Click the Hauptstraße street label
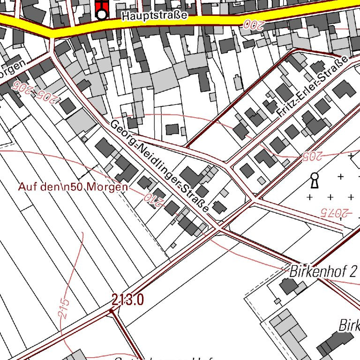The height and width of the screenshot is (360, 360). pyautogui.click(x=154, y=15)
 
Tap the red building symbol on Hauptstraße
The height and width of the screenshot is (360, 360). pyautogui.click(x=102, y=8)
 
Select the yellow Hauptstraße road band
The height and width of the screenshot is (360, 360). pyautogui.click(x=211, y=21)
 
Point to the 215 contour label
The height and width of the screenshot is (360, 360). pyautogui.click(x=65, y=309)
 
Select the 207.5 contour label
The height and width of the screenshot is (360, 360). pyautogui.click(x=336, y=212)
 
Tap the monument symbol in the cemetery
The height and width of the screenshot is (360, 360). pyautogui.click(x=314, y=180)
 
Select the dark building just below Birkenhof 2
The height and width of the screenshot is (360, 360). pyautogui.click(x=288, y=285)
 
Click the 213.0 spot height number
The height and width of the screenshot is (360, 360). pyautogui.click(x=127, y=299)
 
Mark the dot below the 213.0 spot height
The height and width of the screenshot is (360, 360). pyautogui.click(x=112, y=310)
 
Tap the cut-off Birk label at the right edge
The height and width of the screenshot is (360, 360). pyautogui.click(x=349, y=324)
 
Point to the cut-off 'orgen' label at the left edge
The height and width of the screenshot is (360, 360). pyautogui.click(x=12, y=69)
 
